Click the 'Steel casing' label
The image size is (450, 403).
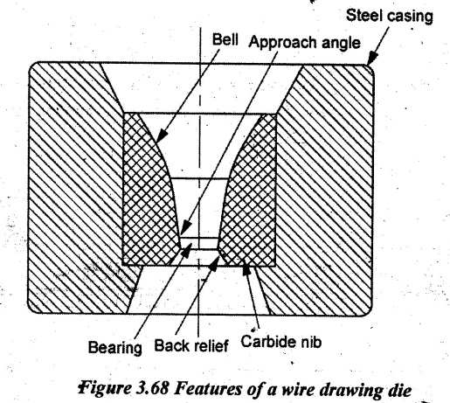tap(390, 16)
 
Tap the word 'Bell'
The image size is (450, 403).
tap(225, 39)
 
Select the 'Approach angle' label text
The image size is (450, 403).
tap(304, 43)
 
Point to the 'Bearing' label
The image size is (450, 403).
tap(115, 347)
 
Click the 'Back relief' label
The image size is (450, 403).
tap(191, 345)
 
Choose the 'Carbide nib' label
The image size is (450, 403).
tap(281, 341)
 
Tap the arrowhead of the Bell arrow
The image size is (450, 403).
tap(162, 135)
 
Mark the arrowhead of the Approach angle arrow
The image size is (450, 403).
tap(185, 227)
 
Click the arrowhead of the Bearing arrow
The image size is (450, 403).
tap(186, 249)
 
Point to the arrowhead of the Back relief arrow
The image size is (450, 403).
tap(215, 263)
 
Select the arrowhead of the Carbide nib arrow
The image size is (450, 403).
tap(246, 268)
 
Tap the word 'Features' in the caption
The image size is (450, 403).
tap(206, 389)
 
